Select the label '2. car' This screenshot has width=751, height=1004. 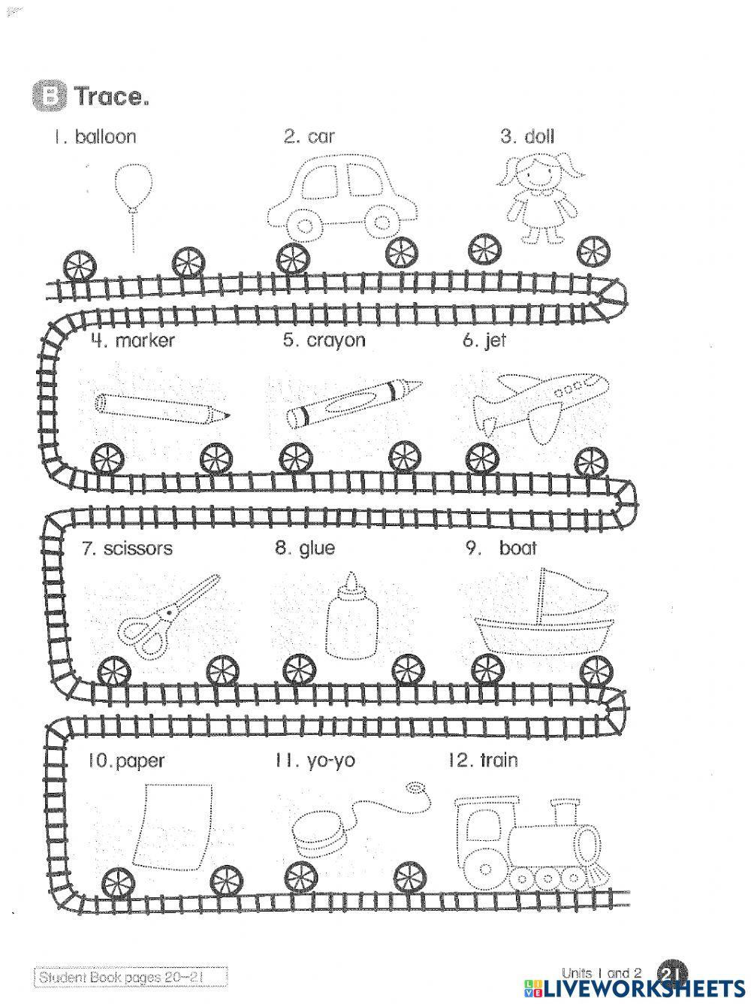(x=309, y=137)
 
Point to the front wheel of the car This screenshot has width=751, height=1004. (x=382, y=222)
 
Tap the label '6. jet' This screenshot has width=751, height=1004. (x=484, y=340)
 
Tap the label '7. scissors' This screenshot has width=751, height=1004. (x=127, y=549)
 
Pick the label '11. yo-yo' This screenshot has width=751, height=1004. (x=315, y=761)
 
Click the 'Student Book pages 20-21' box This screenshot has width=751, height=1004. (x=131, y=977)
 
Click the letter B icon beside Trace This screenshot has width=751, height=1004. (x=50, y=97)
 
